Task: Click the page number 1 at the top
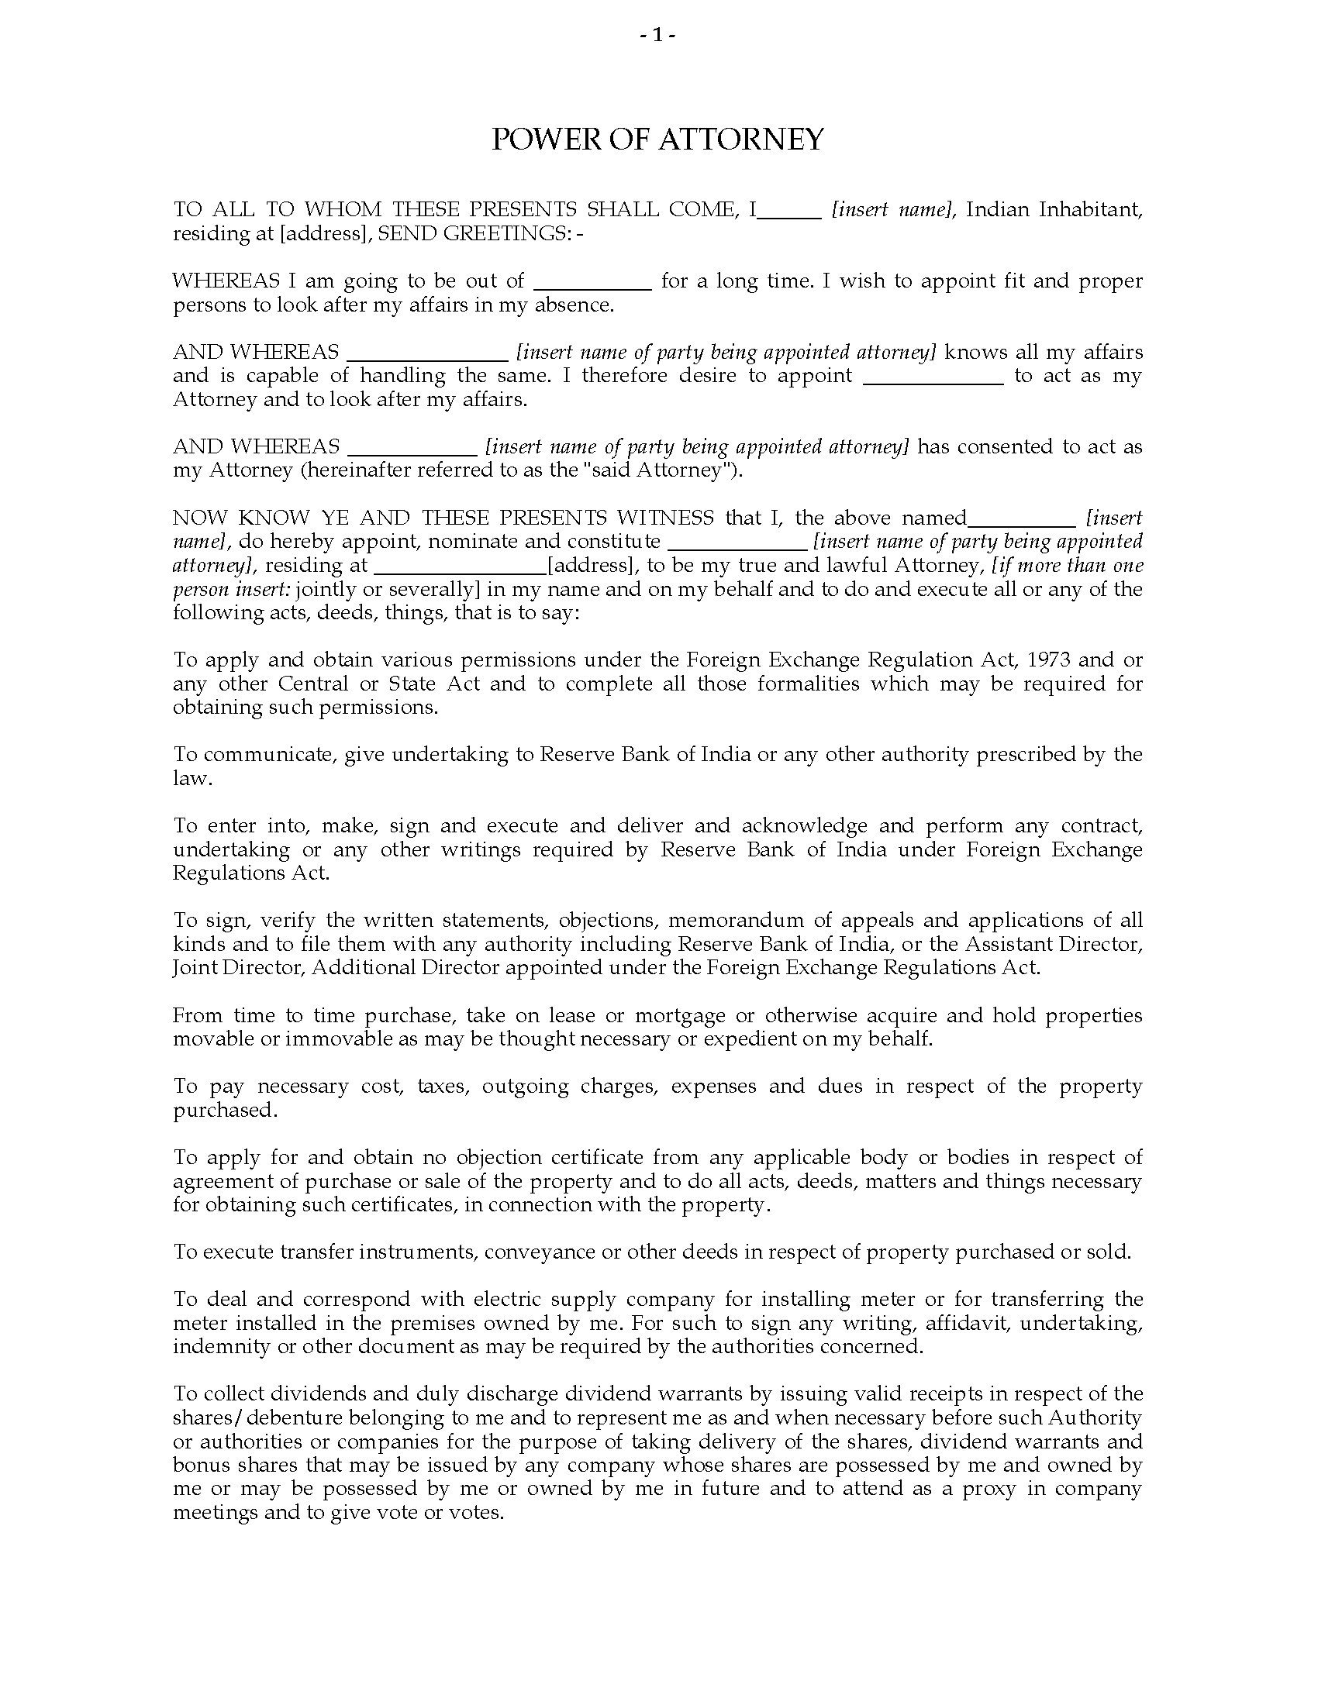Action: [657, 36]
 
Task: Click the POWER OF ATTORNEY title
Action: [657, 139]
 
